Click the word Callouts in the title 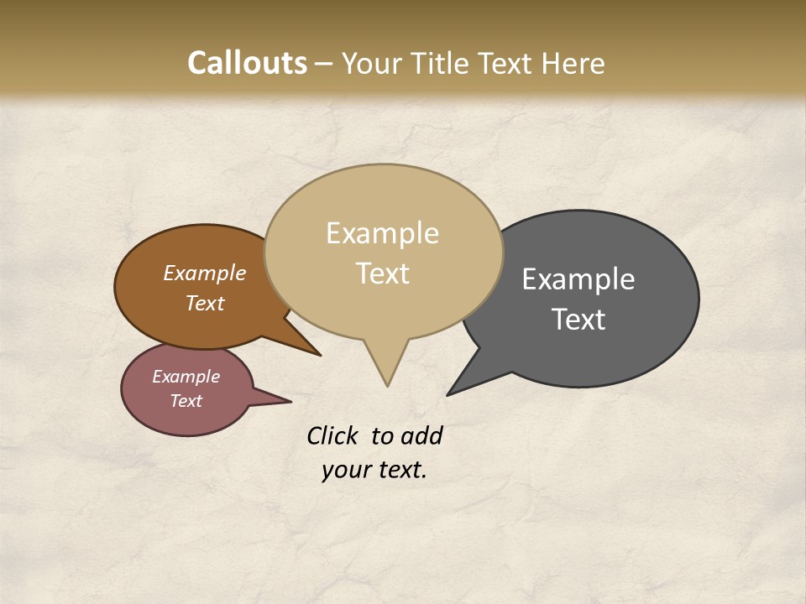[247, 63]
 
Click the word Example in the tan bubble [382, 233]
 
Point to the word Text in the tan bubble [382, 273]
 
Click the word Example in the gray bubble [578, 279]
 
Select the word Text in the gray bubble [578, 320]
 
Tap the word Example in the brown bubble [204, 273]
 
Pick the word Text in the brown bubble [205, 303]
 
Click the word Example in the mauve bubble [186, 377]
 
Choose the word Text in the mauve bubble [186, 401]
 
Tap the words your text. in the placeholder [374, 470]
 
